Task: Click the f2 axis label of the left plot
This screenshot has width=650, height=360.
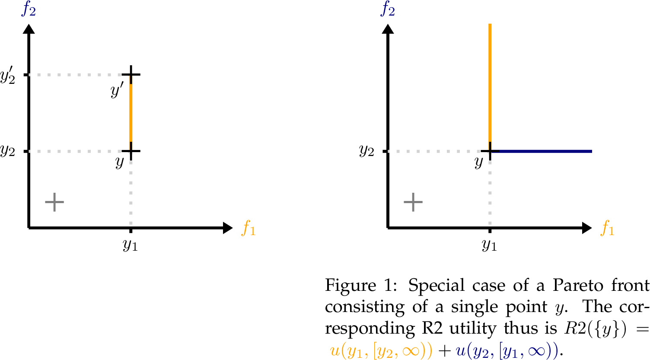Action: (x=29, y=9)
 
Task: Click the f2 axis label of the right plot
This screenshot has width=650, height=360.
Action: (x=388, y=9)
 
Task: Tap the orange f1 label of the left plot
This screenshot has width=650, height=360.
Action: (x=249, y=228)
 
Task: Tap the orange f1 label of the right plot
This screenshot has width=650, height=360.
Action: (x=607, y=228)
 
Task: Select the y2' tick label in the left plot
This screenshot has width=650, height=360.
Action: (x=8, y=76)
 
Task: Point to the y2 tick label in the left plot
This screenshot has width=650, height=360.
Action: (x=8, y=151)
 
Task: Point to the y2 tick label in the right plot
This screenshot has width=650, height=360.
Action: (x=366, y=151)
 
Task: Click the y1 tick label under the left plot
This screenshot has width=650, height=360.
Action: (x=130, y=245)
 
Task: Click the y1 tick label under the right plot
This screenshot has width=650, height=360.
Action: (x=489, y=245)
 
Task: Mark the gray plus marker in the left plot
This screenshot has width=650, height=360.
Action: (x=54, y=202)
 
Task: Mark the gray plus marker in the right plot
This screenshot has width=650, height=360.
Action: (x=413, y=202)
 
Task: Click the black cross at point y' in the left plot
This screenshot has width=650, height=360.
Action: (x=131, y=74)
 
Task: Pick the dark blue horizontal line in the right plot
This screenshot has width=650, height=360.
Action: (x=545, y=151)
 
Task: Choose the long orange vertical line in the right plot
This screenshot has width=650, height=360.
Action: (x=490, y=82)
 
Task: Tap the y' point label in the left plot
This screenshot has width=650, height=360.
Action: (x=117, y=91)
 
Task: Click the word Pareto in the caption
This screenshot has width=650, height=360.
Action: (x=578, y=286)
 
